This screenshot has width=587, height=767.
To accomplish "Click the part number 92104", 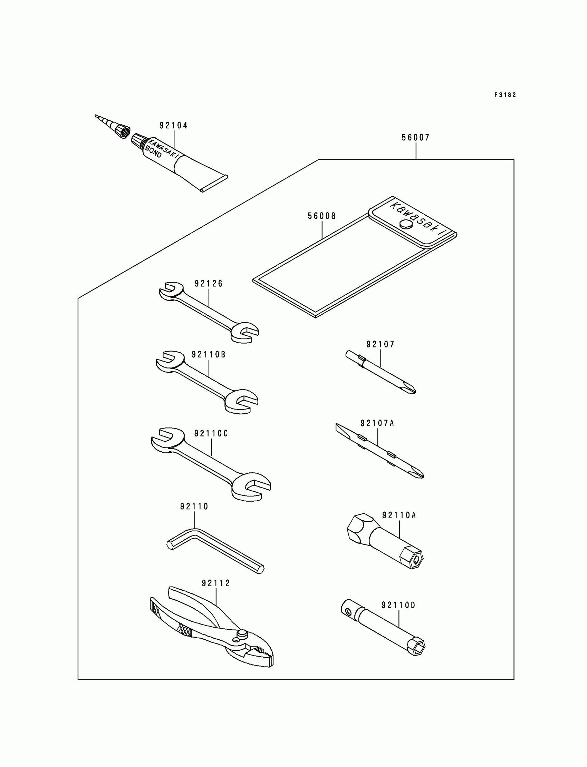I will pos(173,125).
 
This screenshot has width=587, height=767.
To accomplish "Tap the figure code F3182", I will pos(505,95).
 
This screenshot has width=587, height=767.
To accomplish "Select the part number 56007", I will pos(415,138).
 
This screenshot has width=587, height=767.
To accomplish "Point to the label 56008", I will pos(322,216).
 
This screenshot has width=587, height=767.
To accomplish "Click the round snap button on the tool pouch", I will pos(406,224).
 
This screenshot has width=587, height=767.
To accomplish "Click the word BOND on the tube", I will pos(153,152).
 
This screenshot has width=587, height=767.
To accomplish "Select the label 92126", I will pos(209,284).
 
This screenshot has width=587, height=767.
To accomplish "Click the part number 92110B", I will pos(209,355).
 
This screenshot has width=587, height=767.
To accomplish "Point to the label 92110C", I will pos(211,433).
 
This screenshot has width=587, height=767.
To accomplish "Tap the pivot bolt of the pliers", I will pos(242,633).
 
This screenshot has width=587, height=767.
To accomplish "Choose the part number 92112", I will pos(216,583).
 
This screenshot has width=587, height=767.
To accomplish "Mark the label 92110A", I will pos(399,515).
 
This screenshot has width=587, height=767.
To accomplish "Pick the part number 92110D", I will pos(398,605).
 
